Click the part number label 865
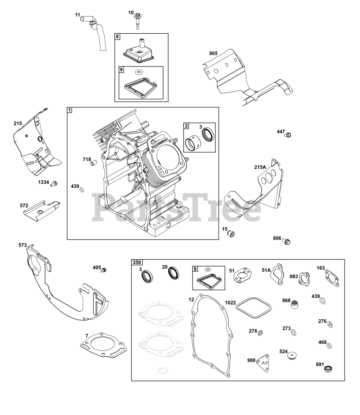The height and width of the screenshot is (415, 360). coord(213,53)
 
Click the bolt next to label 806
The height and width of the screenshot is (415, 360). coord(286,241)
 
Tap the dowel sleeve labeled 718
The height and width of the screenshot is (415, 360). coord(94,162)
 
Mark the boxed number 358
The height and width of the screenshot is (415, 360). coord(137,262)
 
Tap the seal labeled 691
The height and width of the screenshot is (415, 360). coord(330,368)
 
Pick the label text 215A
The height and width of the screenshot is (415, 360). coord(260,167)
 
